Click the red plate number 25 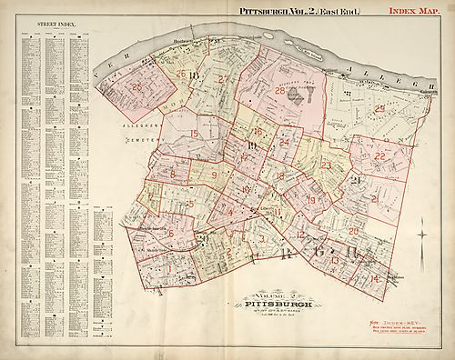(x=138, y=87)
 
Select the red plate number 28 (x=280, y=90)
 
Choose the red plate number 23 (x=326, y=165)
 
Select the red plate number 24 (x=285, y=142)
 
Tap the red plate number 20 (x=352, y=231)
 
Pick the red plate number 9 (x=215, y=175)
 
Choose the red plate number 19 (x=311, y=200)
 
